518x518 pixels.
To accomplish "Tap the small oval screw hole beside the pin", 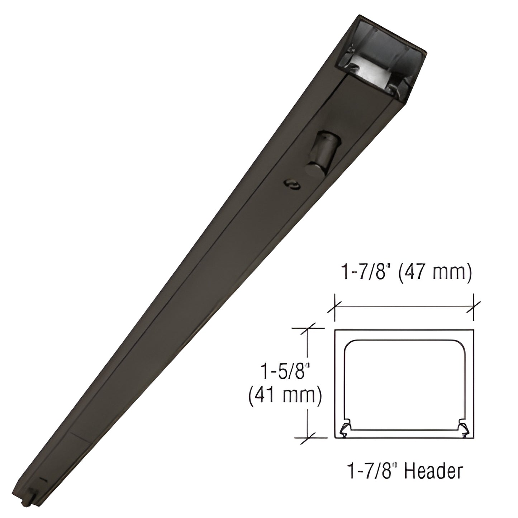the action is tap(292, 185).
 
